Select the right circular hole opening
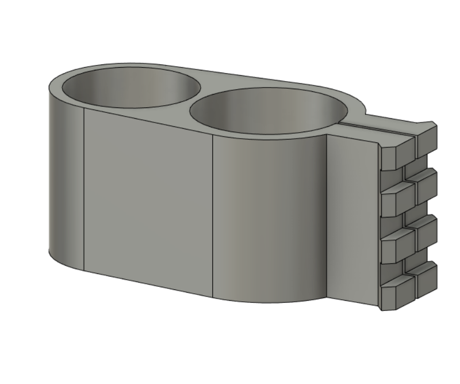[x=269, y=112]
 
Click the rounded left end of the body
[x=64, y=178]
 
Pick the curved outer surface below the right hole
[x=270, y=219]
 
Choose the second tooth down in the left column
[x=397, y=199]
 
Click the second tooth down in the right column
[x=426, y=184]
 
